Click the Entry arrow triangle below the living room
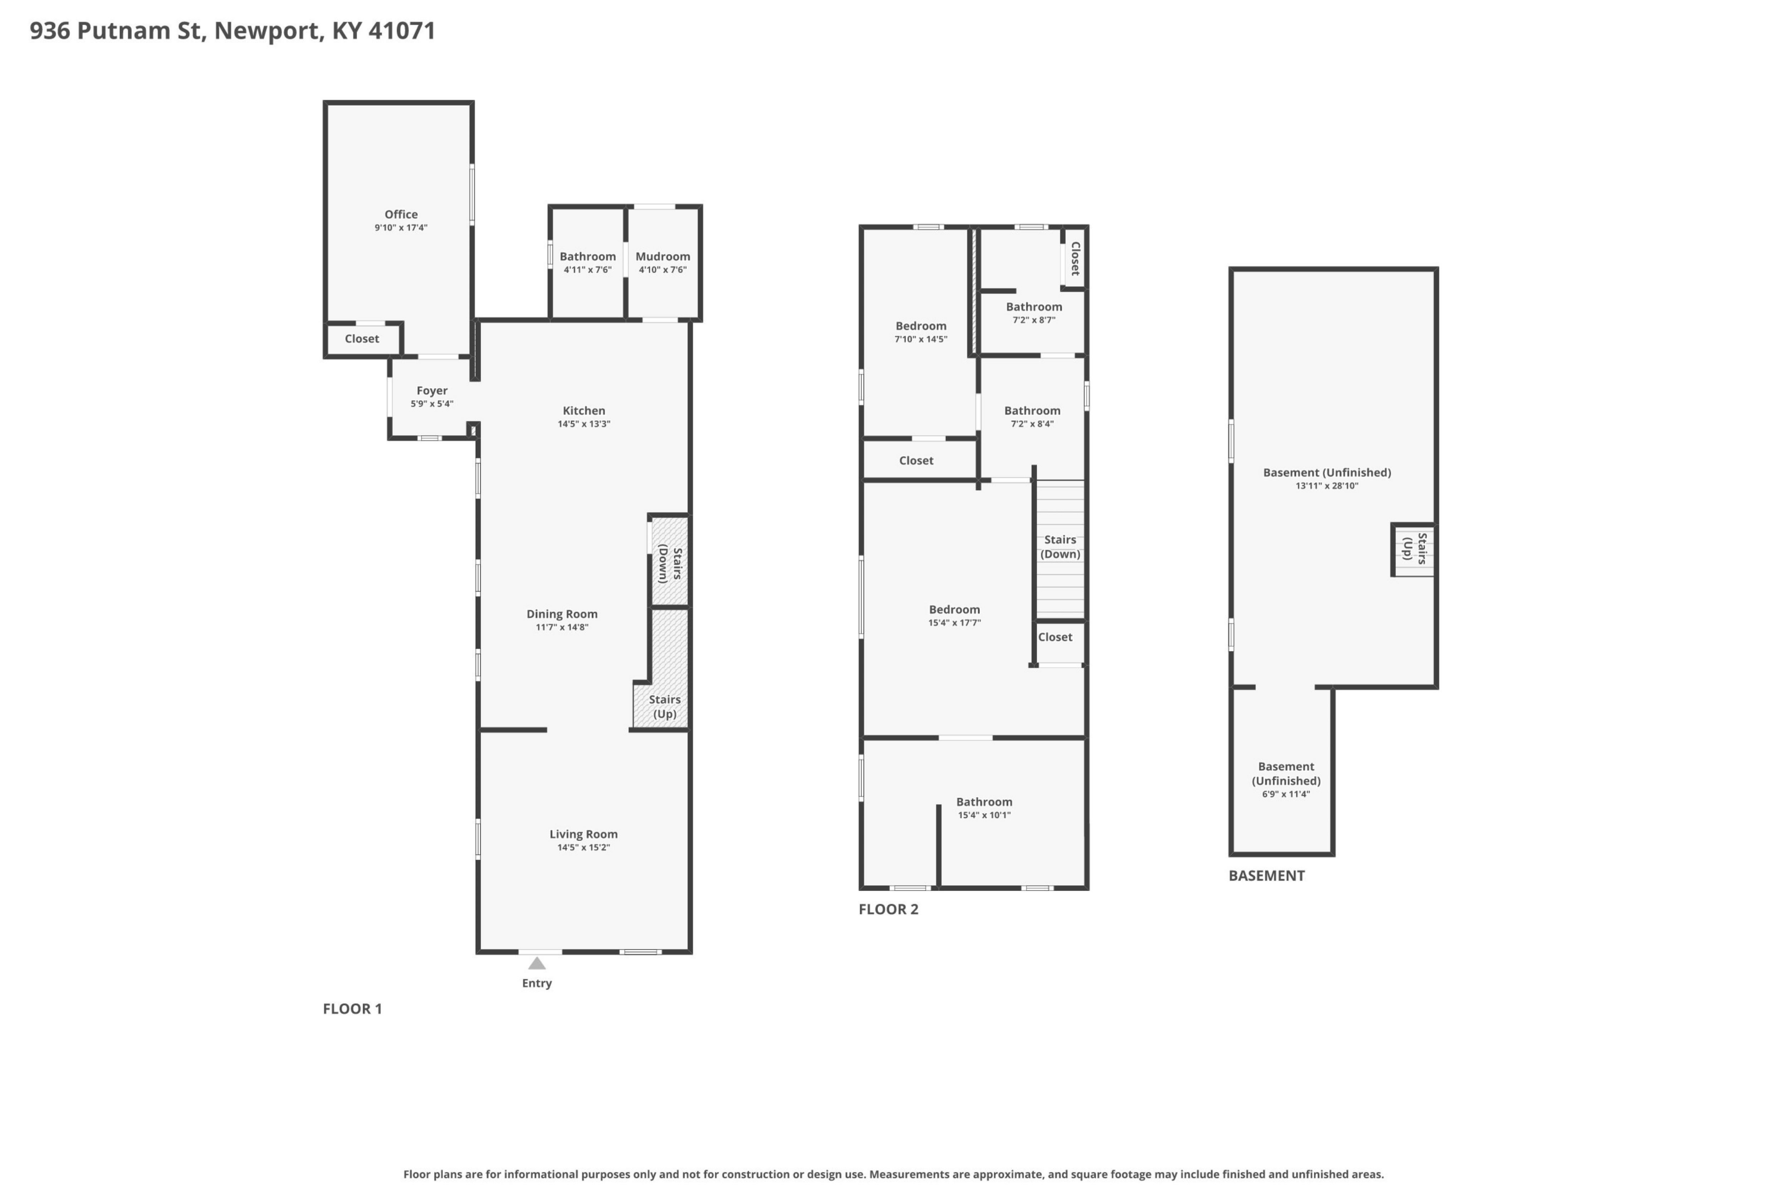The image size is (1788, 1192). [536, 963]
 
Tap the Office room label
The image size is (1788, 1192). [401, 215]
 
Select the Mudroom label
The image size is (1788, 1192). [663, 256]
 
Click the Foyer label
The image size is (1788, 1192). [432, 391]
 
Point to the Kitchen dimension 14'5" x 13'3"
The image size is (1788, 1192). [583, 424]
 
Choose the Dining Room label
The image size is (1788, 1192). [561, 614]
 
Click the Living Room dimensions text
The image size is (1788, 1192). [583, 847]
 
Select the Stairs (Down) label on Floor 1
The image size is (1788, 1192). [669, 564]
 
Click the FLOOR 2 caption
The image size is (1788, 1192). [888, 909]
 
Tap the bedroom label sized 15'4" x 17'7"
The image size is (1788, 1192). [954, 609]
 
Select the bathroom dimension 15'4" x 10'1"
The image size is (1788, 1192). [984, 816]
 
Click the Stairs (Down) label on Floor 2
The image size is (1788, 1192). [1060, 547]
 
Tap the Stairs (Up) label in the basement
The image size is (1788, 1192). [1415, 548]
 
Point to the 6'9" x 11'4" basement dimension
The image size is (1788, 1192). [1286, 794]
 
